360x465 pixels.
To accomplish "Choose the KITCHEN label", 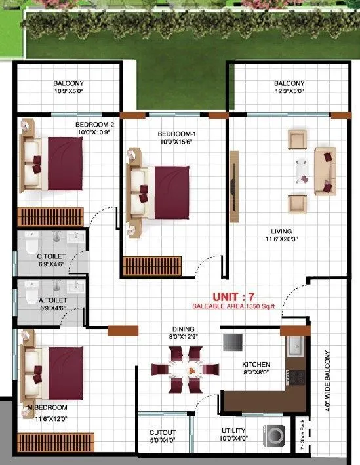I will click(256, 365).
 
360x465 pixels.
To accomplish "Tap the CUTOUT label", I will click(163, 432).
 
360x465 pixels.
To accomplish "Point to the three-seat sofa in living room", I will click(325, 170).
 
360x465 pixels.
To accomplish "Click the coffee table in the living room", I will click(302, 170).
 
